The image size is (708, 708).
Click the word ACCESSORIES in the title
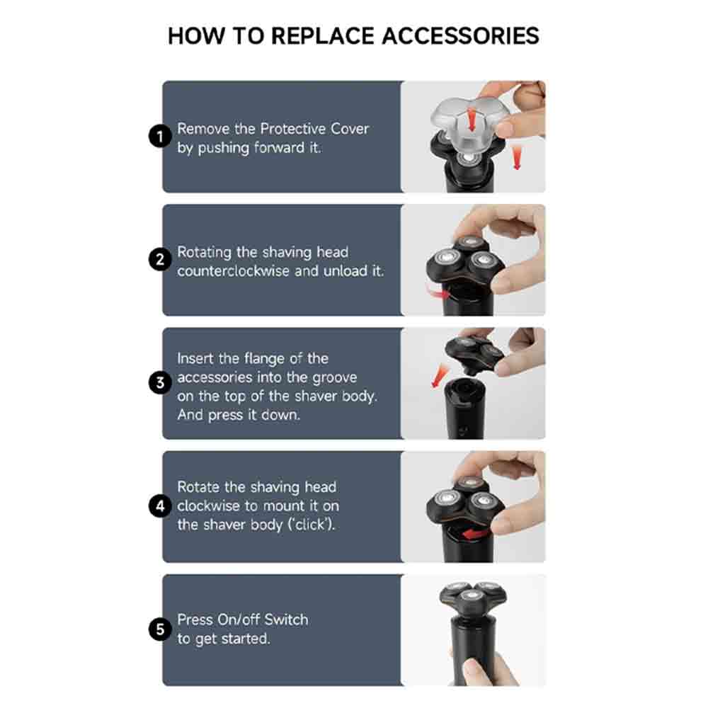461,35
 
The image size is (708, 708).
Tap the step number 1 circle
160,137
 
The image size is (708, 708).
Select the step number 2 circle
160,260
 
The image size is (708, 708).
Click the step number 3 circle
160,383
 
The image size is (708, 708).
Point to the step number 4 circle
160,506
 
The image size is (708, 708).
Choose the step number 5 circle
160,629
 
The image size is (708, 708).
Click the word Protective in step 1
292,129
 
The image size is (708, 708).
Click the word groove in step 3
334,378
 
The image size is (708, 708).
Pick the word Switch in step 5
286,619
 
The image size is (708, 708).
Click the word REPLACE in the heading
322,35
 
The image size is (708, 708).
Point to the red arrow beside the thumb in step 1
517,158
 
